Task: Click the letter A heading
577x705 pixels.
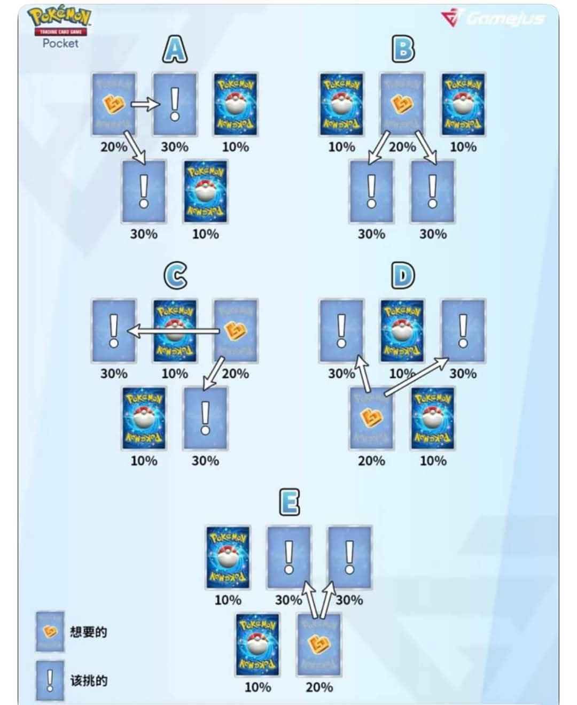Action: tap(175, 50)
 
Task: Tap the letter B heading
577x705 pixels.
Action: tap(403, 50)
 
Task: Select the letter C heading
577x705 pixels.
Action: tap(175, 276)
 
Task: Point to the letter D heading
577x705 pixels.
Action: tap(403, 276)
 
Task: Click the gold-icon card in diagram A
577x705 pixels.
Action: tap(114, 105)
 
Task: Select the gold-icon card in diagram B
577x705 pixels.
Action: tap(402, 105)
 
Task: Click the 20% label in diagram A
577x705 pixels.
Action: tap(114, 146)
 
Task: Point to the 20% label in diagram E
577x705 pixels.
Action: tap(319, 687)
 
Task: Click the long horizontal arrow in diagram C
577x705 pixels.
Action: tap(174, 332)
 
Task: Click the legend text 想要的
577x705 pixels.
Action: tap(89, 632)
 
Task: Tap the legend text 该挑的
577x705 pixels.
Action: tap(89, 680)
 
